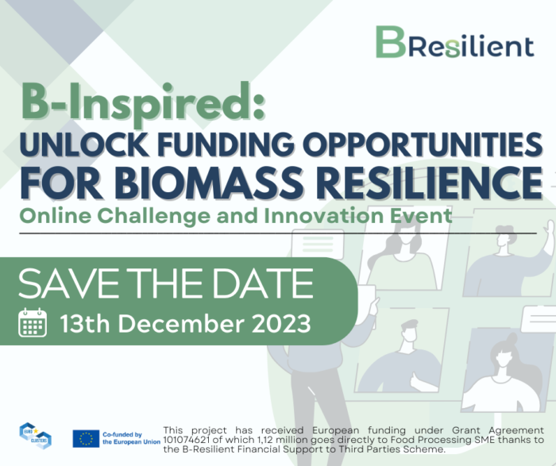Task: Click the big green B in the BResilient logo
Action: pyautogui.click(x=391, y=41)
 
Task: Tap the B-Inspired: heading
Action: pyautogui.click(x=143, y=103)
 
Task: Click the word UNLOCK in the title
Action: pyautogui.click(x=84, y=144)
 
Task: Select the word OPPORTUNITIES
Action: pyautogui.click(x=423, y=144)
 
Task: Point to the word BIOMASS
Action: pyautogui.click(x=208, y=183)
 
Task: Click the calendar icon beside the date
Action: pyautogui.click(x=33, y=322)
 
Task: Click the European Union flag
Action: pyautogui.click(x=86, y=439)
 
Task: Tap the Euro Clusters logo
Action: pyautogui.click(x=36, y=436)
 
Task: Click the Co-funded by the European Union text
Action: pyautogui.click(x=131, y=438)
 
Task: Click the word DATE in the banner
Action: pyautogui.click(x=262, y=283)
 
